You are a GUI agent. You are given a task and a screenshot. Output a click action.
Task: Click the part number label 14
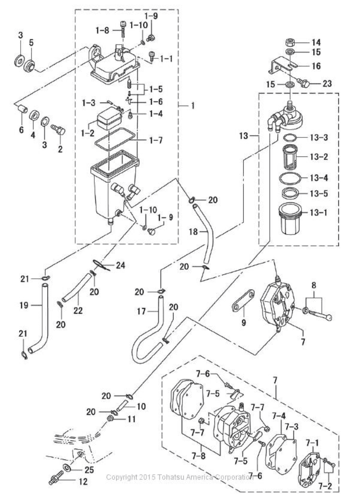point(316,42)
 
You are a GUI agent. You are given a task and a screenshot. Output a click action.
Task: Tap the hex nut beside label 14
point(290,42)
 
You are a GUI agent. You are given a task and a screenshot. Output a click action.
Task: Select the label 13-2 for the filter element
point(319,157)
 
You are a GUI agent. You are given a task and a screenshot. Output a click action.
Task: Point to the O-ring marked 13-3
point(290,138)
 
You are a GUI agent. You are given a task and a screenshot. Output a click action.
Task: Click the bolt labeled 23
point(304,83)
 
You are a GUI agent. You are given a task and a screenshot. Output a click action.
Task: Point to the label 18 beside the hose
point(193,231)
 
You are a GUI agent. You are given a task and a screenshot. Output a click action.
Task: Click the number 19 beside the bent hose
point(24,305)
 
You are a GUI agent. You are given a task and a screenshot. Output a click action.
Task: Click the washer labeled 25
point(67,467)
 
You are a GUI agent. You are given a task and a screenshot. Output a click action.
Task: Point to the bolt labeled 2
point(59,129)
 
